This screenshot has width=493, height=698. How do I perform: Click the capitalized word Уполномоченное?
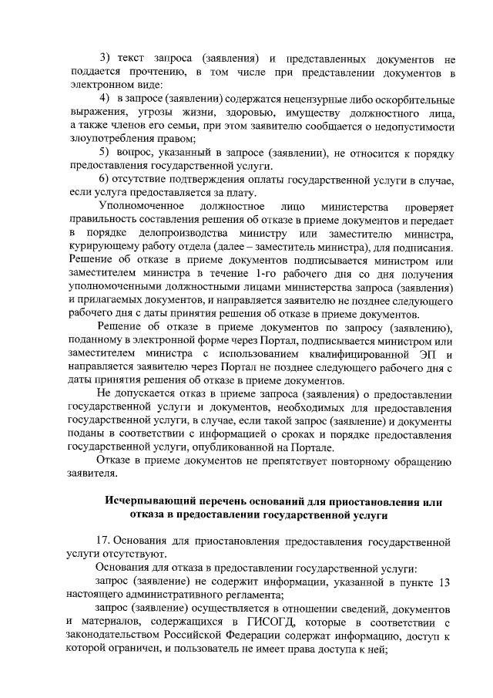click(x=142, y=207)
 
